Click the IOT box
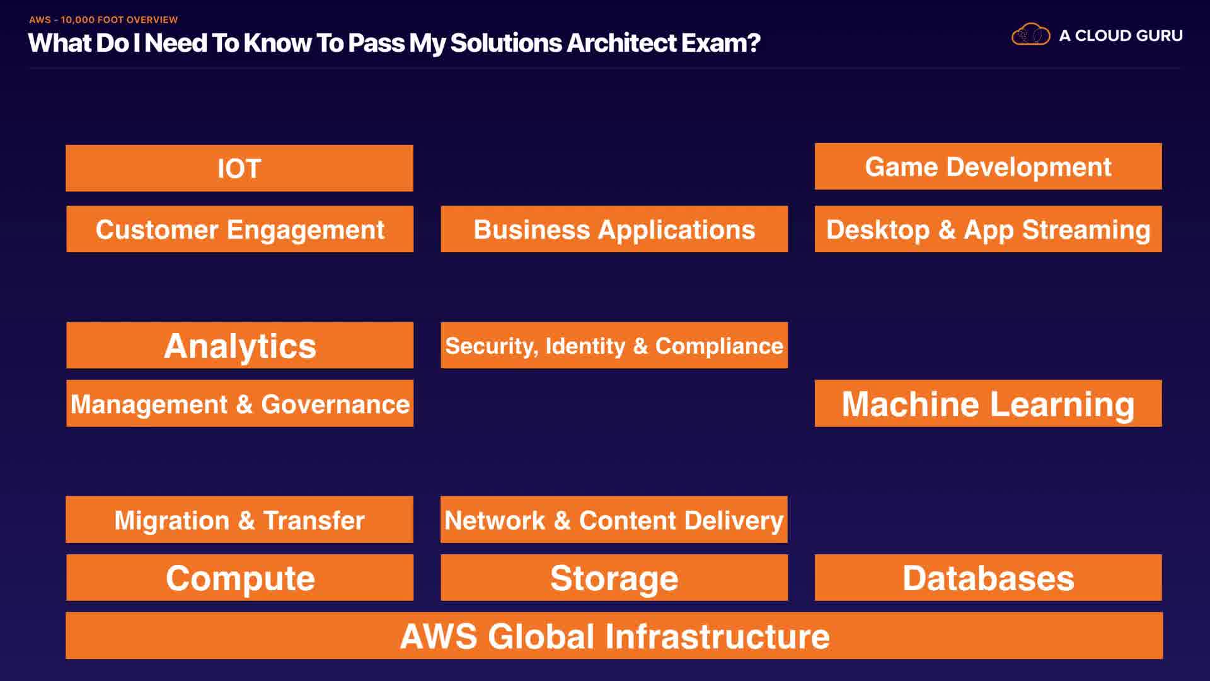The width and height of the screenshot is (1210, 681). [239, 168]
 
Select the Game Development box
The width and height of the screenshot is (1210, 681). [988, 166]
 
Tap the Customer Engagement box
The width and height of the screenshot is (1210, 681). [239, 229]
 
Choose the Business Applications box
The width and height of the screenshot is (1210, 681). [614, 229]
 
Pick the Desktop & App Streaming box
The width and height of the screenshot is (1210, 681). [988, 229]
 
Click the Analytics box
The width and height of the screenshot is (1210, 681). [239, 346]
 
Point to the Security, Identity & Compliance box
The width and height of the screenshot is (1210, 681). [614, 346]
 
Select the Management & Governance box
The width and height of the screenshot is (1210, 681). [239, 404]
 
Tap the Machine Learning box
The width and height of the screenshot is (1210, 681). [988, 404]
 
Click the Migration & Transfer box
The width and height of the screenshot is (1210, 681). [239, 520]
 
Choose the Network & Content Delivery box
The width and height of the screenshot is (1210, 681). [614, 520]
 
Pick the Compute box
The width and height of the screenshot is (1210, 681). [239, 578]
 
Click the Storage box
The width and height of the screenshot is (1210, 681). [614, 578]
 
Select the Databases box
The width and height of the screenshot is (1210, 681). [988, 578]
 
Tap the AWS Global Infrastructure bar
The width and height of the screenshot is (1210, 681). [614, 636]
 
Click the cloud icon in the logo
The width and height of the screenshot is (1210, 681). [1030, 35]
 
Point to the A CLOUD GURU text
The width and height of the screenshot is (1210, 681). [1121, 36]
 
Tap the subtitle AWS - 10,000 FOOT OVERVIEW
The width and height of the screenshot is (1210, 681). [103, 20]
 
